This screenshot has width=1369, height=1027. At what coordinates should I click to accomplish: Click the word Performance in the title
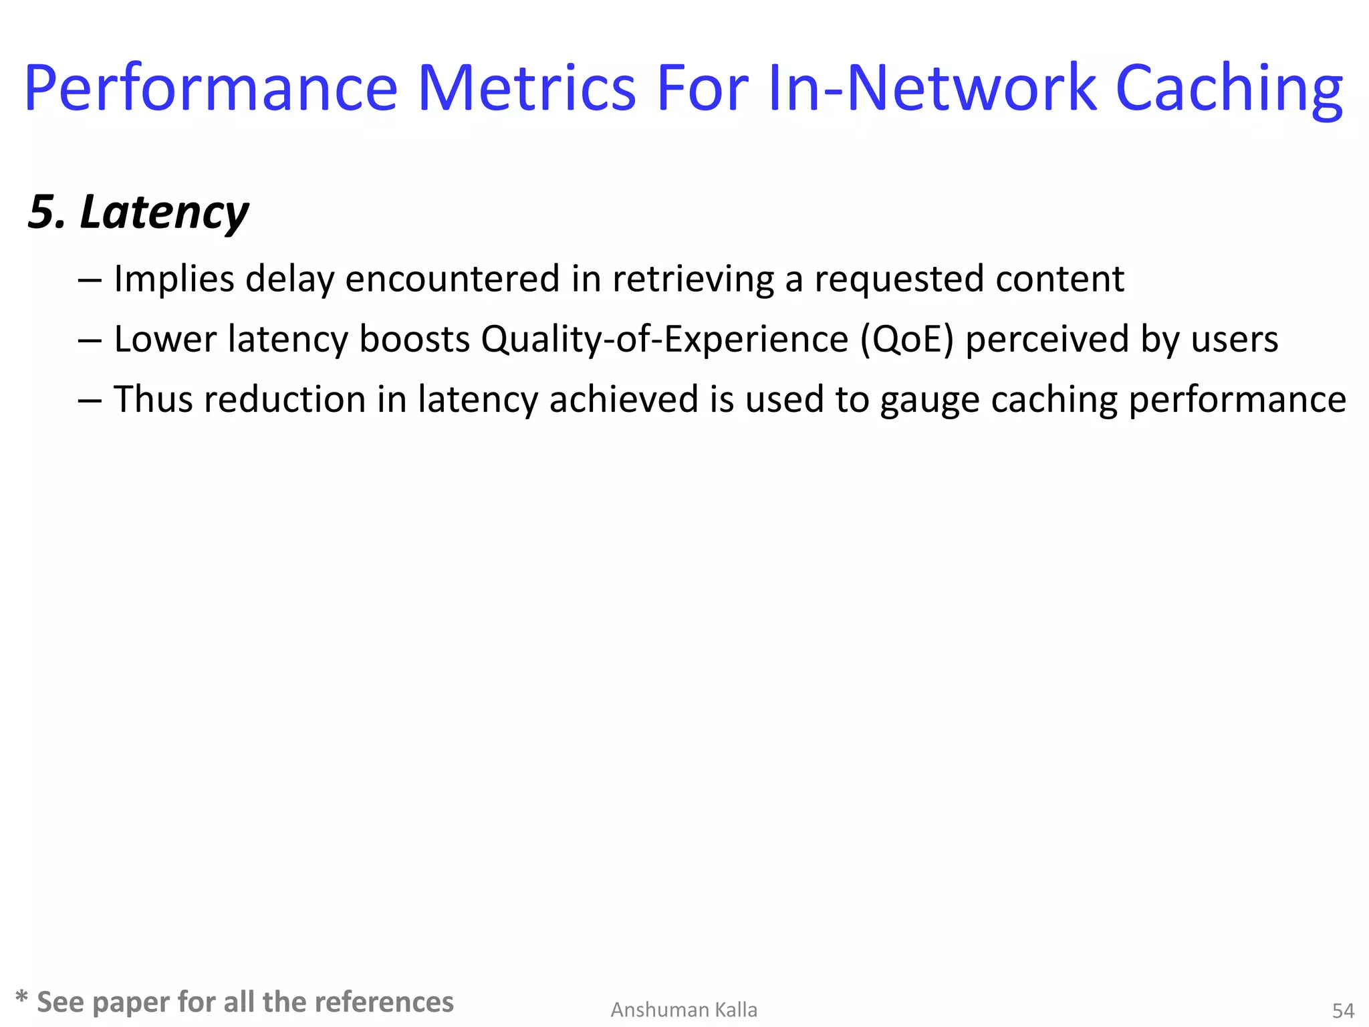click(x=211, y=89)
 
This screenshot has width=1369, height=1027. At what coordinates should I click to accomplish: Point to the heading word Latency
click(x=164, y=213)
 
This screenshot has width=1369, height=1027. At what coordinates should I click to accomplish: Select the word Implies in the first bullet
click(x=174, y=279)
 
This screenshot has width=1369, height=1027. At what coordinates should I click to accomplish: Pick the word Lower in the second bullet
click(x=164, y=339)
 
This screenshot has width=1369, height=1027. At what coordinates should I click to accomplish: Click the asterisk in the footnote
click(x=21, y=998)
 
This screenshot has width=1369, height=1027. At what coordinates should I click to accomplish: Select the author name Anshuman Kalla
click(x=684, y=1010)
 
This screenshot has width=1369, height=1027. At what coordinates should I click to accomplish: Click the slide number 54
click(x=1343, y=1010)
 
